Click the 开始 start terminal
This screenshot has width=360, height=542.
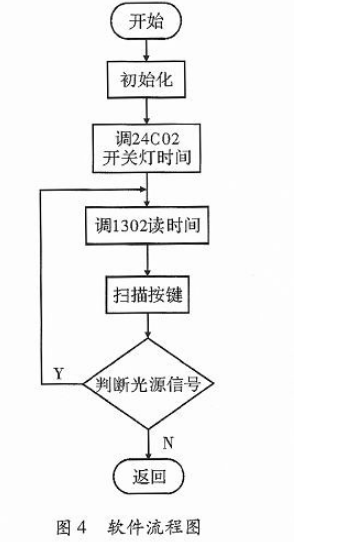point(148,22)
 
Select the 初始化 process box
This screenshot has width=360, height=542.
point(148,77)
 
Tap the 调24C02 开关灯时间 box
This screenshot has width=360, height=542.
point(148,146)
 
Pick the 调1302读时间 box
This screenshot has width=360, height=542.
point(148,225)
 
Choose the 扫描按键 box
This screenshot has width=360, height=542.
point(148,296)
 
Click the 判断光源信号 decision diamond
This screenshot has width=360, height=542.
point(148,384)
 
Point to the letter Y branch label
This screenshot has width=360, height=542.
point(58,373)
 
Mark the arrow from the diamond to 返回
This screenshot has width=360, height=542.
point(148,440)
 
